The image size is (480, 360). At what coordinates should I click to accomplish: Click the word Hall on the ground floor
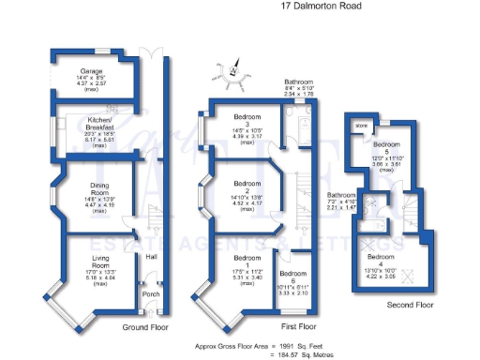pos(151,257)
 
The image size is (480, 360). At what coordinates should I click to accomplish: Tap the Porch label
pos(147,291)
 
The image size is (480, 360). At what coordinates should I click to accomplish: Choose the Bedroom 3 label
pos(248,119)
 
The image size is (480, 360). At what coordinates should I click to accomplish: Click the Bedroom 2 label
pos(247,186)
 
